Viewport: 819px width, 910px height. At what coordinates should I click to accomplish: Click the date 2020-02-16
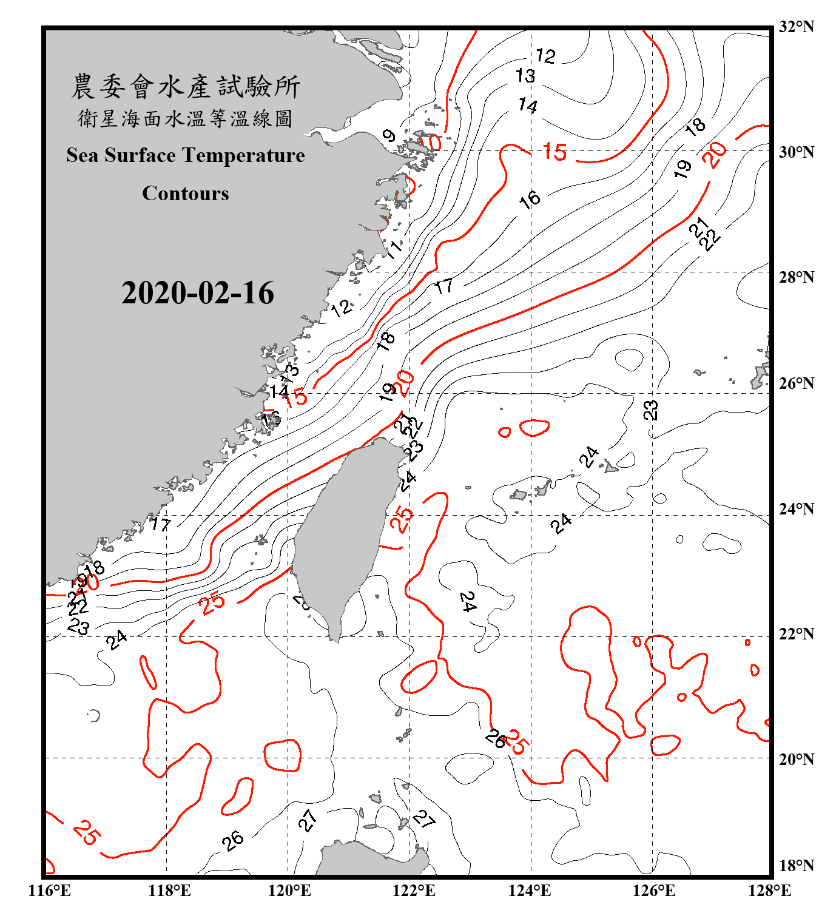coord(198,293)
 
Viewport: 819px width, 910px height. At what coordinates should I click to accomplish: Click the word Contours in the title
coord(186,194)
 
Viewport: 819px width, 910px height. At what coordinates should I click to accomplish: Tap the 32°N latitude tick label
coord(796,27)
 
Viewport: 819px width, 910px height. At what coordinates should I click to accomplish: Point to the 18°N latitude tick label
coord(796,866)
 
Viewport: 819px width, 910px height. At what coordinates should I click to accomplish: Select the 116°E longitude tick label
coord(50,891)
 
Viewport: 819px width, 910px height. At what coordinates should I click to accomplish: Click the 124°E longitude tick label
coord(530,891)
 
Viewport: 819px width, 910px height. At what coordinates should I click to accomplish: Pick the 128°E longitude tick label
coord(769,891)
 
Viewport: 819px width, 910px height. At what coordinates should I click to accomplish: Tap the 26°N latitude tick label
coord(796,383)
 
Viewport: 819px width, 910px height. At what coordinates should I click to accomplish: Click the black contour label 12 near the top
coord(545,56)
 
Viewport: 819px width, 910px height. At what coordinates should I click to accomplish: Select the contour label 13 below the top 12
coord(525,76)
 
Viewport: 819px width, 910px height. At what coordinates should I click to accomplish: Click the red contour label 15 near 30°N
coord(554,152)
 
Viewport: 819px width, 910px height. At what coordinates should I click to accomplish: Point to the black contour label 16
coord(530,198)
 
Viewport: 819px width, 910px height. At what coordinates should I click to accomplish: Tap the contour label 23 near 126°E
coord(650,410)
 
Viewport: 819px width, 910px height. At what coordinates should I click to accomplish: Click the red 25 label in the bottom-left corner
coord(86,832)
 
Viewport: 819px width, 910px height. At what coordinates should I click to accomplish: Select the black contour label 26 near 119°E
coord(232,841)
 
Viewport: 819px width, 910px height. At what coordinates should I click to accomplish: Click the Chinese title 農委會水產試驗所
coord(186,87)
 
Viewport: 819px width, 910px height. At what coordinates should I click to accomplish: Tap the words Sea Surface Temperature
coord(186,155)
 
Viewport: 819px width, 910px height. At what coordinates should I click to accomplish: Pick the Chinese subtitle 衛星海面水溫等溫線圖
coord(186,119)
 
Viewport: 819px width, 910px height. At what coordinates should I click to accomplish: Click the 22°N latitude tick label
coord(796,634)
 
